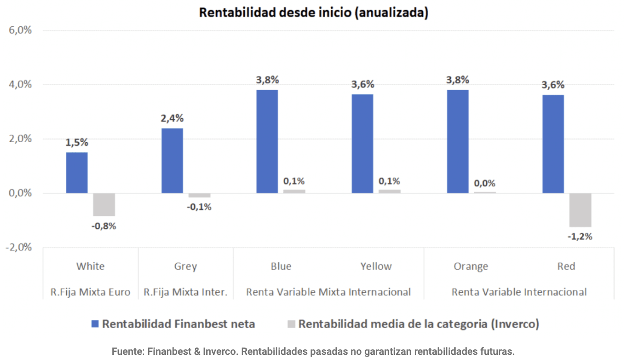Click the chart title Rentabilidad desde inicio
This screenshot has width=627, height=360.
coord(313,13)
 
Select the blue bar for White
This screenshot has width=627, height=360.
coord(77,172)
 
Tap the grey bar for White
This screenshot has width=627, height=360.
coord(104,204)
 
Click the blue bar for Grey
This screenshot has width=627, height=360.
coord(172,161)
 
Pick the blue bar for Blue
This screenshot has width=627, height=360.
coord(267,141)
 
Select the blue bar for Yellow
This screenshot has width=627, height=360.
coord(362,143)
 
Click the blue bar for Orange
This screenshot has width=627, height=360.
coord(457,141)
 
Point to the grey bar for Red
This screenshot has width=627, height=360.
coord(580,210)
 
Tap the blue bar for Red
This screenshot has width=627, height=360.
coord(553,144)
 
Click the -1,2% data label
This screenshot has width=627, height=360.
coord(580,236)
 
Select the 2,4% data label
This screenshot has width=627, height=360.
coord(172,118)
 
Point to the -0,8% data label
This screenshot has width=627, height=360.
coord(103,226)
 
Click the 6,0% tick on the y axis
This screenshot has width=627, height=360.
coord(19,31)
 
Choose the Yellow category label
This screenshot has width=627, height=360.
coord(376,267)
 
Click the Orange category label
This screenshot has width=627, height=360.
coord(471,267)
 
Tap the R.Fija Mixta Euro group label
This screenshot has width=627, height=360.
coord(90,292)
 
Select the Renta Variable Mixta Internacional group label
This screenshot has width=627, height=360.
coord(328,292)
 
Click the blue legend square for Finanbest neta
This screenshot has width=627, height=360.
coord(95,324)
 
